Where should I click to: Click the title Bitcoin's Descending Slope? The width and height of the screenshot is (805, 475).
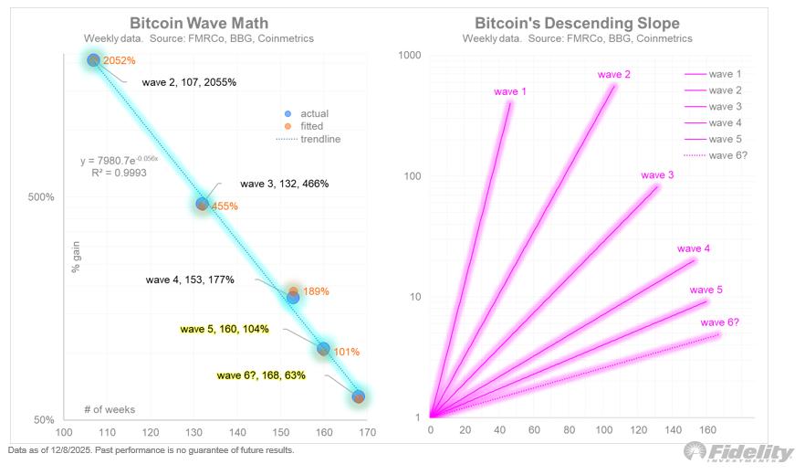pyautogui.click(x=577, y=23)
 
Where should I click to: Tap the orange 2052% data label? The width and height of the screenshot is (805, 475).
pyautogui.click(x=120, y=60)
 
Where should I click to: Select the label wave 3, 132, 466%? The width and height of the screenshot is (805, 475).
pyautogui.click(x=284, y=184)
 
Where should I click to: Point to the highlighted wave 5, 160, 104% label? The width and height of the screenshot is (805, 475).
pyautogui.click(x=225, y=329)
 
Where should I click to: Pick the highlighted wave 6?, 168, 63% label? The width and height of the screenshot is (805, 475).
pyautogui.click(x=261, y=375)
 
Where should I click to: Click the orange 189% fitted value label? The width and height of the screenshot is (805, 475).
pyautogui.click(x=315, y=291)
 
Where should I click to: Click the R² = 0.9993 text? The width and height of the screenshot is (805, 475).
pyautogui.click(x=119, y=172)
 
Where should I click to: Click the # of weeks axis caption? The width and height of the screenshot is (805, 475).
pyautogui.click(x=110, y=409)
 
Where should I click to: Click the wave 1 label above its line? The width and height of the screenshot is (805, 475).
pyautogui.click(x=509, y=91)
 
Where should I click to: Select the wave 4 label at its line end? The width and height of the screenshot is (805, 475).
pyautogui.click(x=694, y=248)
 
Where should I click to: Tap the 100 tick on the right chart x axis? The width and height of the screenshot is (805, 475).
pyautogui.click(x=603, y=430)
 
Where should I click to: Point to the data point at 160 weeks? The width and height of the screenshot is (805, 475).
pyautogui.click(x=323, y=349)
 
